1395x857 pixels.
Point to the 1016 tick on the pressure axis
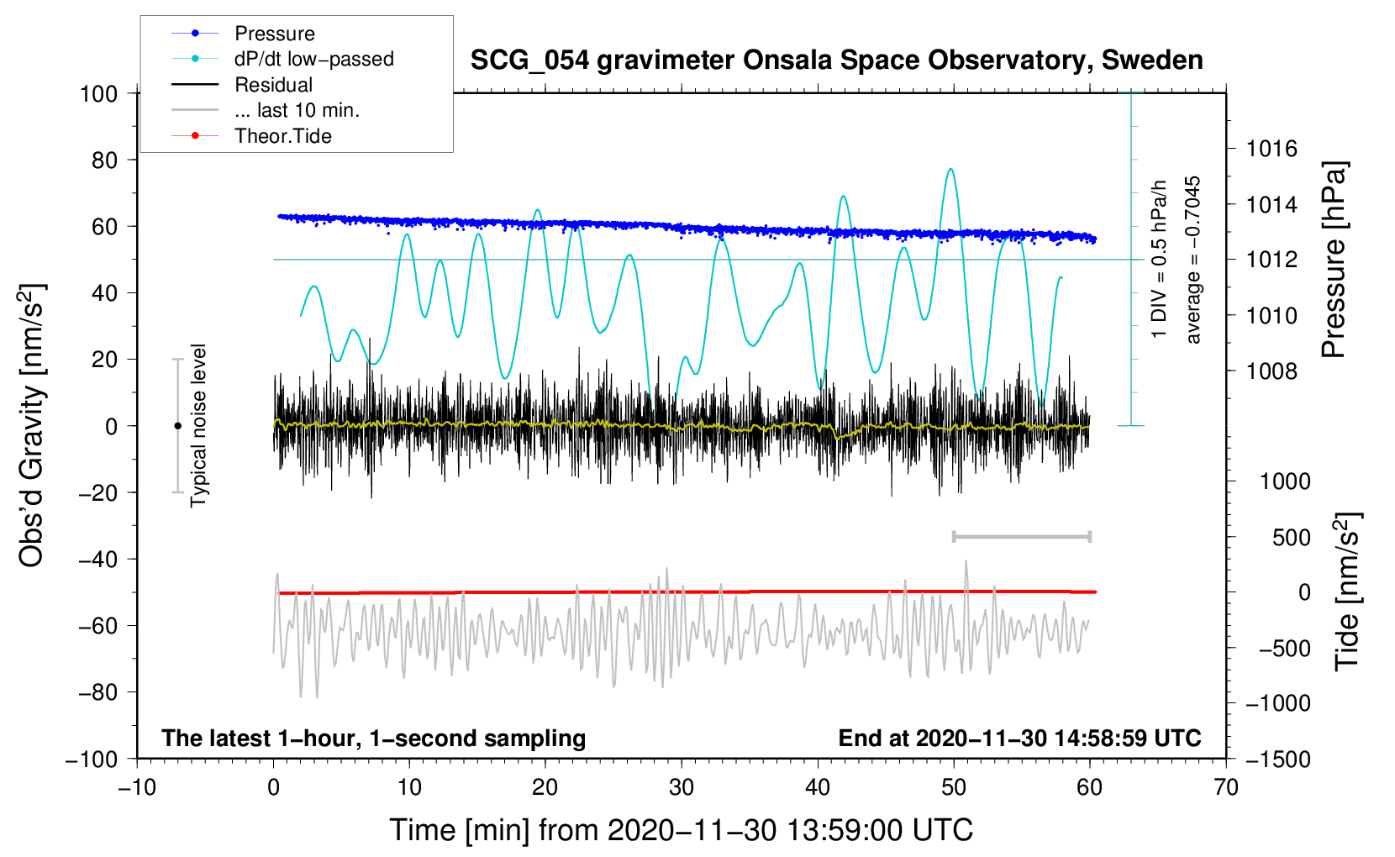(1271, 149)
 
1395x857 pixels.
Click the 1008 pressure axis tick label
(1271, 371)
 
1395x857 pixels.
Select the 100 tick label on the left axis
(99, 94)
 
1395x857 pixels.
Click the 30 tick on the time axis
(682, 787)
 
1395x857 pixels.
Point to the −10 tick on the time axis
(137, 787)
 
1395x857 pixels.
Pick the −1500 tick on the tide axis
(1278, 760)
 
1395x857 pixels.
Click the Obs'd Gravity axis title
(31, 425)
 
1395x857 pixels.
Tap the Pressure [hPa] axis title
(1334, 259)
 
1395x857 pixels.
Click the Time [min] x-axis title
(682, 830)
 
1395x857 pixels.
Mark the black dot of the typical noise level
(177, 426)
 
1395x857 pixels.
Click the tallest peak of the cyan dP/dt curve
(950, 169)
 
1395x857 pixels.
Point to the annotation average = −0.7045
(1192, 260)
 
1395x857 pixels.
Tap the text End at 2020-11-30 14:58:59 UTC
(1019, 738)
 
